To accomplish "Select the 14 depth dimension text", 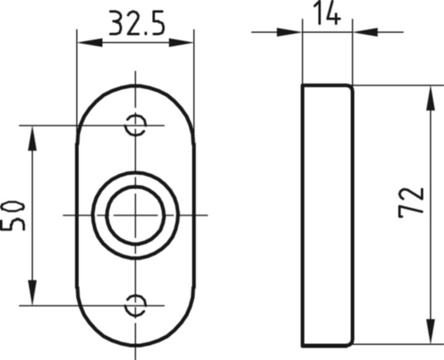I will tap(327, 14).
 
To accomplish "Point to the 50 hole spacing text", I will tap(14, 214).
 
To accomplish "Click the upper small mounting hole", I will tap(135, 126).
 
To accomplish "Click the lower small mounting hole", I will tap(135, 305).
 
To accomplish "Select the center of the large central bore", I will tap(135, 215).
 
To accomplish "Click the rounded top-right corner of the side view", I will tap(350, 88).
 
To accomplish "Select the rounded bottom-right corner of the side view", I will tap(350, 342).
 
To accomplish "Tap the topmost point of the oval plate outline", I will tap(135, 86).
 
